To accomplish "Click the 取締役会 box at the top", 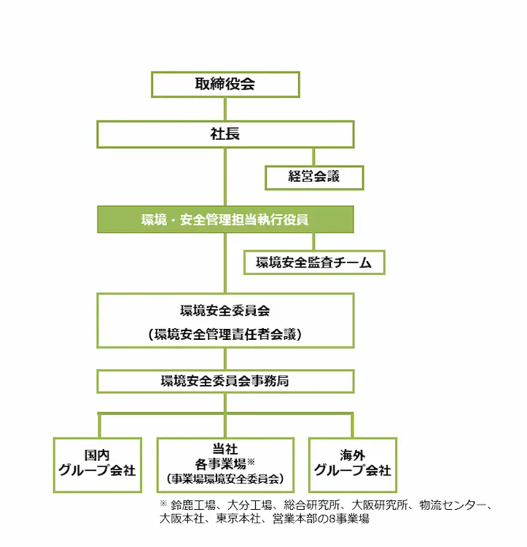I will tap(225, 84).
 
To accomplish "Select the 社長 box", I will tap(225, 134).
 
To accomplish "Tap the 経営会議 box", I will tap(313, 176).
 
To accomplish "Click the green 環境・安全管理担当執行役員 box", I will tap(225, 220).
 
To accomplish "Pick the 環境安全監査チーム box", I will tap(313, 263).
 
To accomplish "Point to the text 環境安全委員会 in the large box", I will tap(225, 311).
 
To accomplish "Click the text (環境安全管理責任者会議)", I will tap(225, 335).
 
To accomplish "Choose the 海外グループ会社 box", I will tap(352, 464).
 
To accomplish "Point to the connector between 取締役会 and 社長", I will tap(225, 109).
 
